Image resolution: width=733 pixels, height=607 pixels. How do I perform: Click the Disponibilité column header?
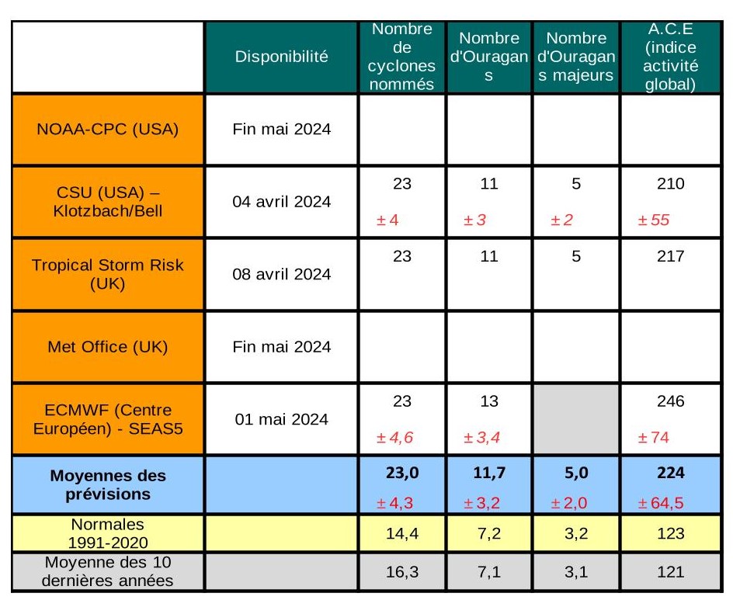pyautogui.click(x=281, y=56)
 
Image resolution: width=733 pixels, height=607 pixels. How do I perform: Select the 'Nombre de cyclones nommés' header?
pyautogui.click(x=401, y=57)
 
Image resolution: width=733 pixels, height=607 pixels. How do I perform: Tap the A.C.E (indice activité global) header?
pyautogui.click(x=670, y=57)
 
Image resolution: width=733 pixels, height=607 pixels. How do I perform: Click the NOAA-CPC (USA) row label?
pyautogui.click(x=107, y=129)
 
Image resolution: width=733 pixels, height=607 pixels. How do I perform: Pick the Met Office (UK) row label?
pyautogui.click(x=107, y=347)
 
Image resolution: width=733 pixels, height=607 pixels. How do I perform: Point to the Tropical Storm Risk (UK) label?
pyautogui.click(x=107, y=274)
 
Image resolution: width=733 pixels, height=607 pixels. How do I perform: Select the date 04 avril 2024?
pyautogui.click(x=281, y=202)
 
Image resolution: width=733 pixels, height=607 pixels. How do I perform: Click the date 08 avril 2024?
pyautogui.click(x=281, y=274)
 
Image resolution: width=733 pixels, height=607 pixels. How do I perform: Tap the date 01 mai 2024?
pyautogui.click(x=281, y=419)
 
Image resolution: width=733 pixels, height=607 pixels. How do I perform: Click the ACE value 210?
pyautogui.click(x=670, y=184)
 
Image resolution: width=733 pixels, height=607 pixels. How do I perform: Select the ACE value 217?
pyautogui.click(x=670, y=257)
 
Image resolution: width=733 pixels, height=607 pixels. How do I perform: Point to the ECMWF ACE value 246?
pyautogui.click(x=670, y=402)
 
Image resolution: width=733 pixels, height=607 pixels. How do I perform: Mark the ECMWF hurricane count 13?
pyautogui.click(x=488, y=402)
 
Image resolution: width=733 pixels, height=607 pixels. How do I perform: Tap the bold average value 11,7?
pyautogui.click(x=488, y=473)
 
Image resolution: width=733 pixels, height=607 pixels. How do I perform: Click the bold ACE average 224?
pyautogui.click(x=670, y=473)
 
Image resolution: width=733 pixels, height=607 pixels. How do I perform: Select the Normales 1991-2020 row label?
pyautogui.click(x=107, y=533)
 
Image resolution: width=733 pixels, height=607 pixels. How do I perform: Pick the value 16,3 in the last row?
pyautogui.click(x=401, y=572)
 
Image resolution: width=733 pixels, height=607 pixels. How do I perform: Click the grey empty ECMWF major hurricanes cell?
pyautogui.click(x=576, y=419)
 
